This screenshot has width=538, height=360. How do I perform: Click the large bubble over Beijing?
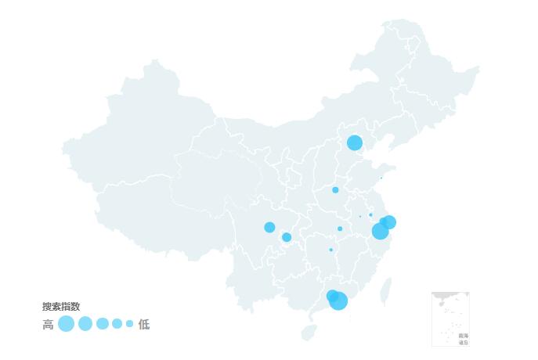pos(355,142)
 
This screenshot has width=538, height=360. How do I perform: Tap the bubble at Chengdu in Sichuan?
pos(269,227)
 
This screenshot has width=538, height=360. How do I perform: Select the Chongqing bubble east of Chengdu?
pos(287,237)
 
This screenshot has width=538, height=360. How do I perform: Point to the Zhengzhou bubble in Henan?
pos(335,190)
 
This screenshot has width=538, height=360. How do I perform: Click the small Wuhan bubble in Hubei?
pos(340,229)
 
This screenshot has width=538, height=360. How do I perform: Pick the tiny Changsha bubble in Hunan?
pos(331,250)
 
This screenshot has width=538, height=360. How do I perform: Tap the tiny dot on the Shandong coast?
pos(381,178)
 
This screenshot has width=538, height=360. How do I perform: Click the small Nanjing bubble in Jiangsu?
pos(371,214)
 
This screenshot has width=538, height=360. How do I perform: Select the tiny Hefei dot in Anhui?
pos(360,217)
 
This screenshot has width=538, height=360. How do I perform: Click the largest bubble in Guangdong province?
pos(338,301)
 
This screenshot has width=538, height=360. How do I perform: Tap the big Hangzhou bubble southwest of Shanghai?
pos(380,231)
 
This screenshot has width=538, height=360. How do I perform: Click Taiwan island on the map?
pos(385,291)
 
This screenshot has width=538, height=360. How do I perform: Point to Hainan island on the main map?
pos(309,333)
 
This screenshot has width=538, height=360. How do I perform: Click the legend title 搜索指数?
pos(61,307)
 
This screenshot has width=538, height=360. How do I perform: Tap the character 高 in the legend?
pos(48,324)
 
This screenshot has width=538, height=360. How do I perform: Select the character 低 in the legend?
pos(144,324)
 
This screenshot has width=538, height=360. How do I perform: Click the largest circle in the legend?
pos(66,323)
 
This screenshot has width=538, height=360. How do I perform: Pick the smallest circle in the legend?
pos(130,323)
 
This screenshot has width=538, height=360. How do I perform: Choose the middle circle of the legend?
pos(103,323)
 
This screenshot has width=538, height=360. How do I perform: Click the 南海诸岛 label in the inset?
pos(464,339)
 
